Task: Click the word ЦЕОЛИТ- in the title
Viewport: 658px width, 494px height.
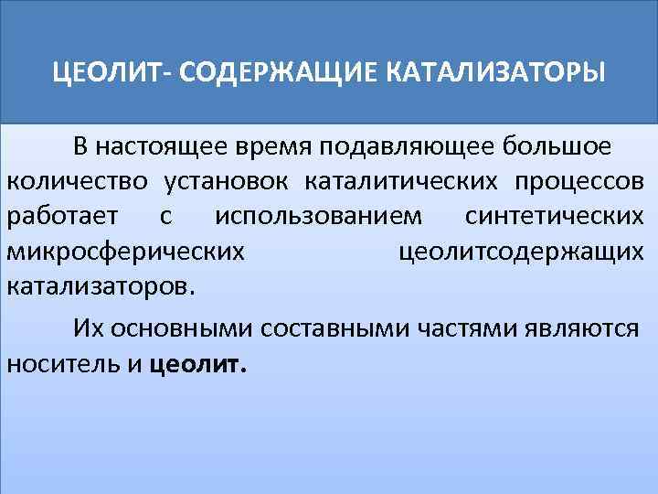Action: click(107, 71)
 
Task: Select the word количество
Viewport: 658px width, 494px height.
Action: click(76, 182)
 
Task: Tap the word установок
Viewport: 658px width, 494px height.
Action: click(228, 182)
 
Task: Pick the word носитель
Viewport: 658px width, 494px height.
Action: click(63, 363)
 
